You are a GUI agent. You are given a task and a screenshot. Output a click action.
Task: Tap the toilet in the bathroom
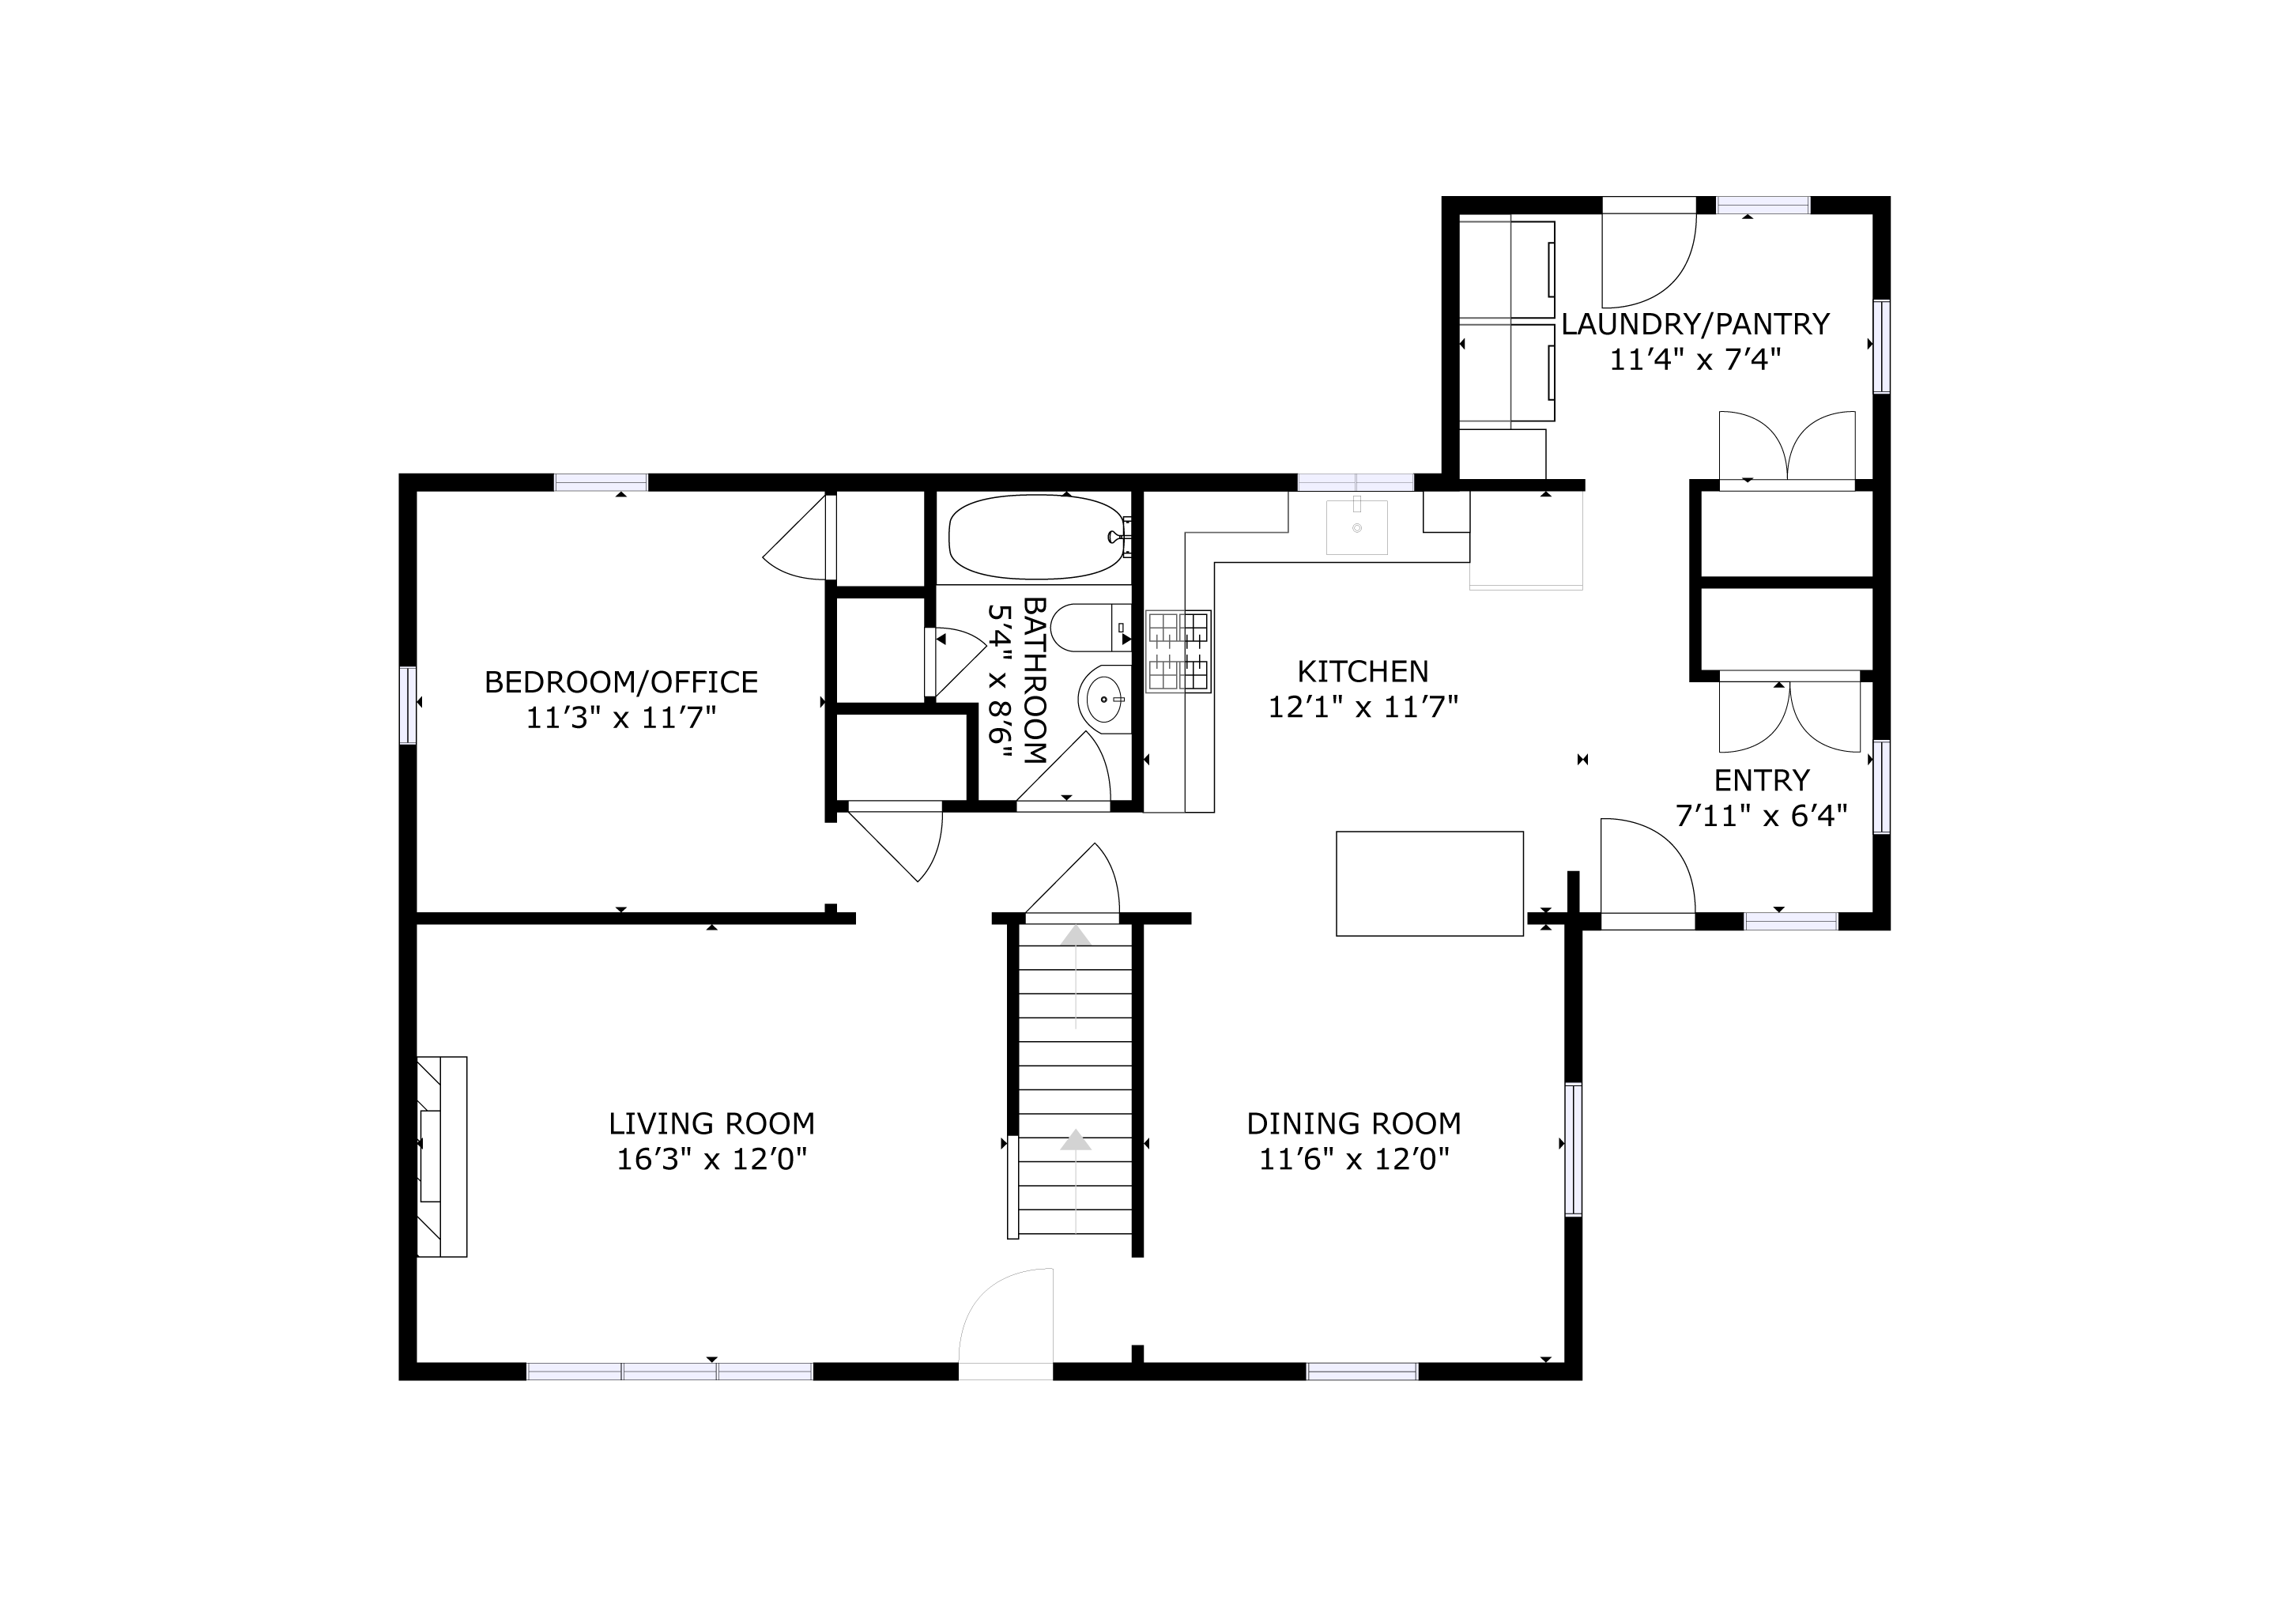[x=1090, y=627]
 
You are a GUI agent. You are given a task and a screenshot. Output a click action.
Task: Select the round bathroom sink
[x=1103, y=699]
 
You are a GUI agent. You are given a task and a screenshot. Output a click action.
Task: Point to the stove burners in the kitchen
[x=1178, y=651]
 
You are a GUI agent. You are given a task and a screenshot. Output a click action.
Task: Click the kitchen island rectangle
[x=1430, y=883]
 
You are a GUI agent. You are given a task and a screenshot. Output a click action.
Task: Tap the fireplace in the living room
[x=442, y=1157]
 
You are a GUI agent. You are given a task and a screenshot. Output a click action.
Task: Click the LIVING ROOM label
[x=712, y=1123]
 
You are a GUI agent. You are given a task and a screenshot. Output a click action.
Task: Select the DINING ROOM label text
[x=1354, y=1123]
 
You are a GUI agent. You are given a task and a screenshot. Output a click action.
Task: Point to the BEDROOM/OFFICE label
[x=621, y=682]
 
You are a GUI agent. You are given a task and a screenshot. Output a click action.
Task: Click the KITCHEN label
[x=1363, y=671]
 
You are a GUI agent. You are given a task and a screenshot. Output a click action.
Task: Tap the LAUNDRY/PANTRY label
[x=1695, y=324]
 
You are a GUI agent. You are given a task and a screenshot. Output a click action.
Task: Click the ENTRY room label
[x=1762, y=779]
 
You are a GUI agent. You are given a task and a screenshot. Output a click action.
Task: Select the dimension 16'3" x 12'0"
[x=712, y=1160]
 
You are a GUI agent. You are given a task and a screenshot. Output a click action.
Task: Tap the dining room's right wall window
[x=1573, y=1149]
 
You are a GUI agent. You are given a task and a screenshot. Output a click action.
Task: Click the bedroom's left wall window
[x=408, y=705]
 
